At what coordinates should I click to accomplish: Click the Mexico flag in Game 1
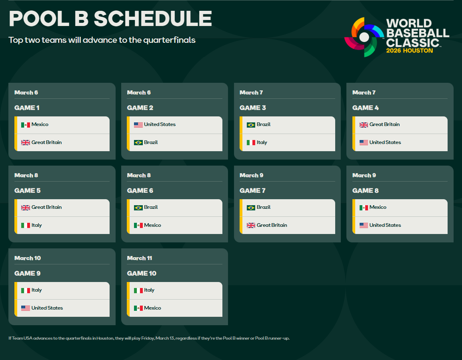[x=26, y=125]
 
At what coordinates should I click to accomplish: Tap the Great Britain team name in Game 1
[x=46, y=142]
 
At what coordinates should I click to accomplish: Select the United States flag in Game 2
[x=138, y=125]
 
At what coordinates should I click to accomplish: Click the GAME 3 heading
[x=252, y=108]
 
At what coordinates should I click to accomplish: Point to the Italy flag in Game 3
[x=251, y=142]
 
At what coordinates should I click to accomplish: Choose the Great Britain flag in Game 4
[x=364, y=125]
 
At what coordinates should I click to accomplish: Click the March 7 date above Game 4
[x=364, y=92]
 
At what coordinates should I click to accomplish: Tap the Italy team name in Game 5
[x=36, y=225]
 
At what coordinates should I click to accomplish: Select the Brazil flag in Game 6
[x=138, y=208]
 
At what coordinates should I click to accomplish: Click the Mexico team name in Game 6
[x=153, y=225]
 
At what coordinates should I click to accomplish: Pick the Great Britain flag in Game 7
[x=251, y=225]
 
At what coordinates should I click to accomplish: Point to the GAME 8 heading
[x=365, y=191]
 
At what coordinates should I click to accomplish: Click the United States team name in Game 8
[x=385, y=225]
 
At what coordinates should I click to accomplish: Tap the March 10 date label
[x=28, y=258]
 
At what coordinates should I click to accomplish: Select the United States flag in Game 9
[x=26, y=308]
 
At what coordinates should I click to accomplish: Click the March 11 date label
[x=140, y=258]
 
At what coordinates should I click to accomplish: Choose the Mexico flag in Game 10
[x=138, y=308]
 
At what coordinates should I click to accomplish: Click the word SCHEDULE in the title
[x=153, y=18]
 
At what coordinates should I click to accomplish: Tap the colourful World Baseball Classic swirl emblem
[x=364, y=37]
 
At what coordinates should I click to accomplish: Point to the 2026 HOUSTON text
[x=410, y=51]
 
